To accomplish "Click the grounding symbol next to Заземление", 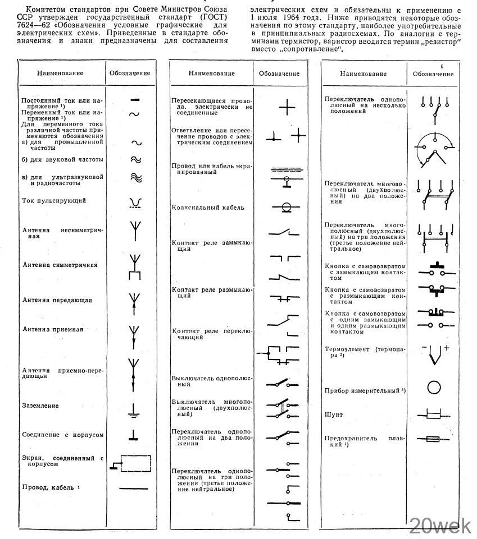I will [x=134, y=410].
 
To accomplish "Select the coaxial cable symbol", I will [x=285, y=207].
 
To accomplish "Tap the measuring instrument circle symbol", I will [x=434, y=388].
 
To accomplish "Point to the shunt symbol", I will [x=433, y=415].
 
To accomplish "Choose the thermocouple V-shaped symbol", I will [x=434, y=356].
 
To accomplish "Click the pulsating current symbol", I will [x=134, y=202].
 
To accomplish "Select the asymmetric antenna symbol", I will [x=134, y=230].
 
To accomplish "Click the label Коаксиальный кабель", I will [x=208, y=208].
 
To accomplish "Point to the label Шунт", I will [x=334, y=414].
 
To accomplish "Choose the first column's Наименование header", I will [x=60, y=73].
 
